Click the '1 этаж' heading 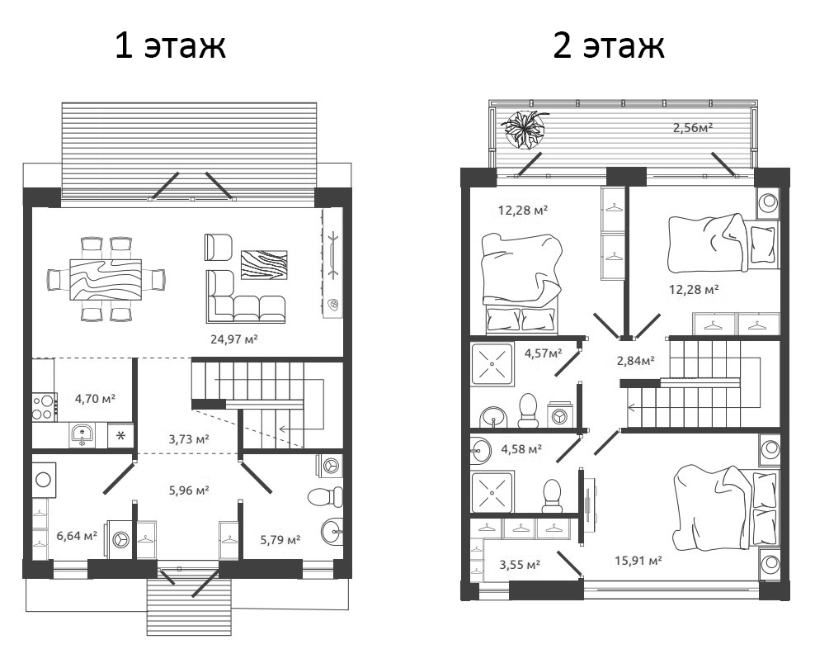[x=170, y=46]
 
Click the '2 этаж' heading [x=608, y=46]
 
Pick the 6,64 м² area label [x=77, y=536]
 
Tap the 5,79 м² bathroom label [x=280, y=540]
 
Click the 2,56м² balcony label [x=692, y=127]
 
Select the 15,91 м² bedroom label [x=640, y=561]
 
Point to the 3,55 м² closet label [x=520, y=565]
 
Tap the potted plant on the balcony [x=524, y=130]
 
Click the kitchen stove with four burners [x=44, y=405]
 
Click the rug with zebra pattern [x=263, y=263]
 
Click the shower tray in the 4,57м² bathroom [x=492, y=363]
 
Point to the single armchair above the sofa [x=219, y=246]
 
